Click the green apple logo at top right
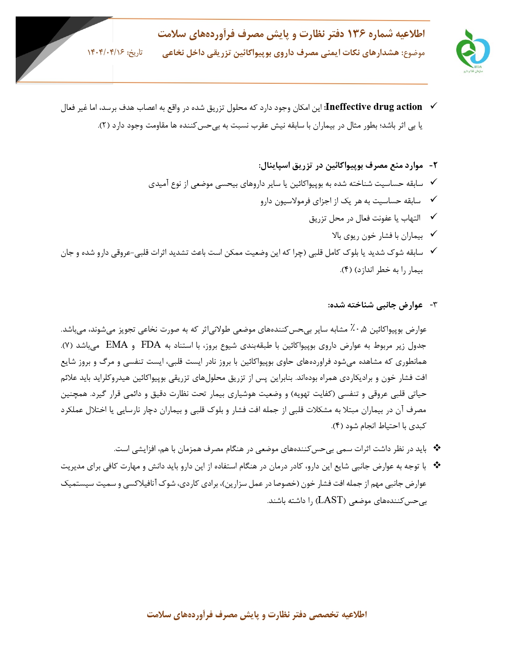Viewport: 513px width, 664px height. coord(472,50)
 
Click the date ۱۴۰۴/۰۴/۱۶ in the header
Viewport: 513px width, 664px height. coord(106,53)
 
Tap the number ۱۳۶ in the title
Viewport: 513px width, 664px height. coord(356,34)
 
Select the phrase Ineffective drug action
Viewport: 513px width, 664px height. coord(374,107)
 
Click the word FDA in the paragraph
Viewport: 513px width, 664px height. coord(150,345)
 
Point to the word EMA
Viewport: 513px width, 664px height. coord(117,345)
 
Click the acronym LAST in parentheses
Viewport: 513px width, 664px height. coord(330,500)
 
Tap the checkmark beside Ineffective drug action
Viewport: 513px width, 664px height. coord(433,106)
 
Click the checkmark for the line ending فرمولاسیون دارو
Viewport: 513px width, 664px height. coord(433,200)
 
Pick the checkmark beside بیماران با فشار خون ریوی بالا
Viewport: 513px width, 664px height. coord(433,234)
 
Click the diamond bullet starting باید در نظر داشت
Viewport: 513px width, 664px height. coord(437,448)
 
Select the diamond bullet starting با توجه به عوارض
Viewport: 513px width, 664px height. coord(437,466)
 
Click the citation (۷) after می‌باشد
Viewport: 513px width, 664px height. coord(67,346)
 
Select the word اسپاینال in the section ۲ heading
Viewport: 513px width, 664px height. coord(275,166)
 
